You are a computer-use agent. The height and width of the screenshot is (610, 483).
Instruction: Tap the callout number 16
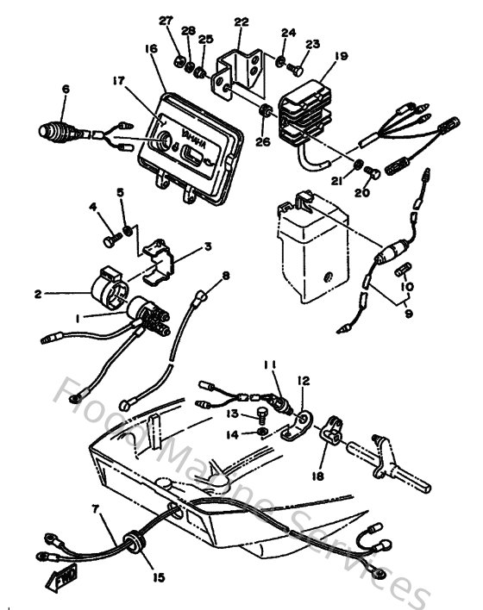click(152, 50)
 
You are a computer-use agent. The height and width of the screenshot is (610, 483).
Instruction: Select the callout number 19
click(342, 56)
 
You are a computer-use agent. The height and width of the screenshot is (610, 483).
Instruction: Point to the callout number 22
click(241, 22)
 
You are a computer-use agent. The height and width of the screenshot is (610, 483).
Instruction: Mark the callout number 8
click(226, 276)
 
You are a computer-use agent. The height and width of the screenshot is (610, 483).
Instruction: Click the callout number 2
click(37, 294)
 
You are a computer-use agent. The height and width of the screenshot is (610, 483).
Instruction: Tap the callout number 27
click(166, 20)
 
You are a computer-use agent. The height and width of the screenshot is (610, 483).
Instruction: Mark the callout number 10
click(408, 286)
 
